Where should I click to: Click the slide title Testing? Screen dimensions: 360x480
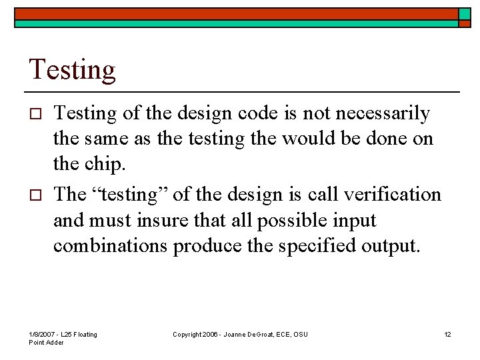[x=72, y=69]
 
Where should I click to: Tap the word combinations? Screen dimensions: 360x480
[x=111, y=245]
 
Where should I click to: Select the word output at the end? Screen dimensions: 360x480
[x=395, y=245]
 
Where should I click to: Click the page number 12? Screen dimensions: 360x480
[x=447, y=334]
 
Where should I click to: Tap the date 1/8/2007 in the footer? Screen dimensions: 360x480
[x=42, y=334]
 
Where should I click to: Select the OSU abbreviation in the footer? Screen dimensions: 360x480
[x=301, y=334]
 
